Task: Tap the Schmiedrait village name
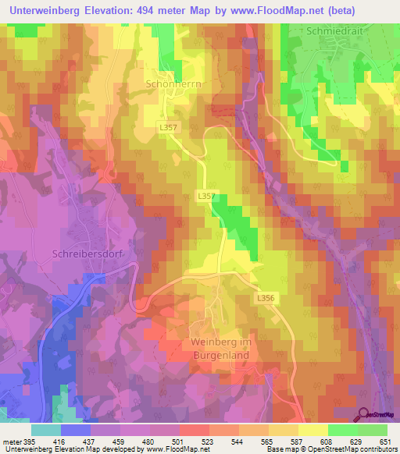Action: (330, 33)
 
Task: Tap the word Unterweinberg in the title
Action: (45, 11)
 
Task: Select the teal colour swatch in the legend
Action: (46, 430)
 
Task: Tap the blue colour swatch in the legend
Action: (76, 430)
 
